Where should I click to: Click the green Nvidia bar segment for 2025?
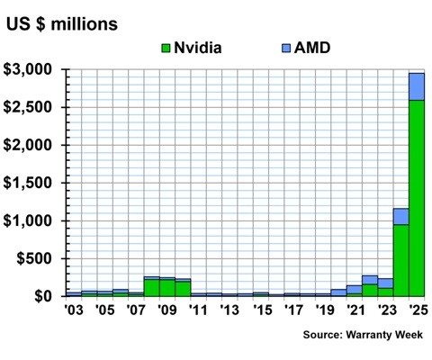417,198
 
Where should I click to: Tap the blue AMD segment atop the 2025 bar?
417,86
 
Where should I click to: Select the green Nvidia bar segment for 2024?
400,260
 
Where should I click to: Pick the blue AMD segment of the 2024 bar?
400,216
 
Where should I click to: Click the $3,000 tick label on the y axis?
31,69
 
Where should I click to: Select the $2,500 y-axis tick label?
31,107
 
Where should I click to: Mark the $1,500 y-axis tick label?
31,183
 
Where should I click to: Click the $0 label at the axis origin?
44,296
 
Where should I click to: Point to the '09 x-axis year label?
166,311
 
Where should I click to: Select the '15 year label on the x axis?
261,311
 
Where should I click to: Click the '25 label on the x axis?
416,311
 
